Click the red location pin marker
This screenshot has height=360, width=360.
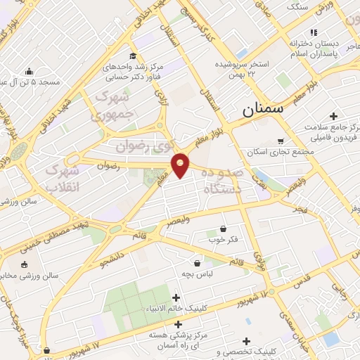(x=181, y=165)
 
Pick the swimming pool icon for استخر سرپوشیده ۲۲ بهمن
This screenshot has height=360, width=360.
(x=243, y=53)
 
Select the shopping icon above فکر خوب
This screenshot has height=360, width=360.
(x=224, y=228)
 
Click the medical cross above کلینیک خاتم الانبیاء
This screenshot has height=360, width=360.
(x=176, y=297)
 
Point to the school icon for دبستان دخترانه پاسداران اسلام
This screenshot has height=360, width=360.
(x=314, y=32)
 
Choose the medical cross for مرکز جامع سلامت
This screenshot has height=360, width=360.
(x=333, y=115)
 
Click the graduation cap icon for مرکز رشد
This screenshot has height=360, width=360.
(x=132, y=56)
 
